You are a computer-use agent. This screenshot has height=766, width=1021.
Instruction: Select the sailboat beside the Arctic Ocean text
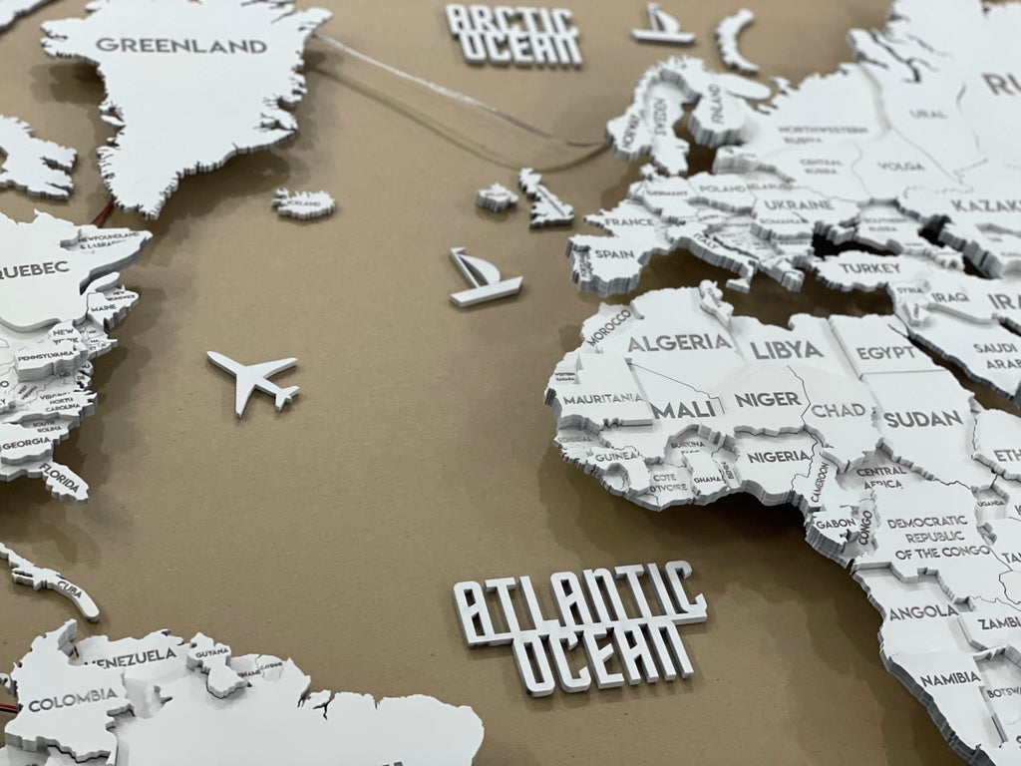point(661,26)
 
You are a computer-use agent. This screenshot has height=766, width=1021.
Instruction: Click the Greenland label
point(180,45)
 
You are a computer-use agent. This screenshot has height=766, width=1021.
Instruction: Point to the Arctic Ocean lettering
point(512,34)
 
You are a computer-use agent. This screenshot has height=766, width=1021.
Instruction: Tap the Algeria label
point(679,342)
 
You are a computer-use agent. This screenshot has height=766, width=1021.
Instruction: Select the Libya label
point(788,349)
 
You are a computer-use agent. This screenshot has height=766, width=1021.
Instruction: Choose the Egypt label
point(885,352)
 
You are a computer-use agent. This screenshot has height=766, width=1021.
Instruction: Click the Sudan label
point(922,418)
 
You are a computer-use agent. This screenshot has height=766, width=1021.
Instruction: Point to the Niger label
point(768,399)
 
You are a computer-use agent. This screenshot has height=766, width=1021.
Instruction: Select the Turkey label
point(868,267)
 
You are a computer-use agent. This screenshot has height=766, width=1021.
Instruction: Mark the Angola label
point(922,610)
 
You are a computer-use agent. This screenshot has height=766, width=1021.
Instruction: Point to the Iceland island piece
point(304,202)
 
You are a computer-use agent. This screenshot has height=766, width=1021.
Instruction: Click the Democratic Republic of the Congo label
point(929,537)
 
